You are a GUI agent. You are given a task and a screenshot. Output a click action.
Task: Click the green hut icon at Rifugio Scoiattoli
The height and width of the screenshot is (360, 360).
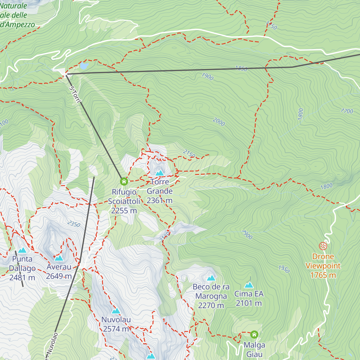coord(124,181)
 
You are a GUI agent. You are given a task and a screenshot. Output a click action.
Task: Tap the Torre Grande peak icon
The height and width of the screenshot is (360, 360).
coord(160,173)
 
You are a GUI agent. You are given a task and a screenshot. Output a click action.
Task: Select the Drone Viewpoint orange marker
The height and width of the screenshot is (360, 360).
coord(323,246)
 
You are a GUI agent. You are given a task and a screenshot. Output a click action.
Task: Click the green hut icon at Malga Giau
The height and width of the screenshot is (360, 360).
coord(254,334)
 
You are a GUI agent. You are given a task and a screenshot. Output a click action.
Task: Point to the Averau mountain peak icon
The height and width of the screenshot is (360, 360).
coord(59,258)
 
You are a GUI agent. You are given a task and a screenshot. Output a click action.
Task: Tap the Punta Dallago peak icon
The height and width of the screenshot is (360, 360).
coord(22,250)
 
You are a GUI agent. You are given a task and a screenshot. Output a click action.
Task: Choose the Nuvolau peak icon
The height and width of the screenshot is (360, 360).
coord(116,311)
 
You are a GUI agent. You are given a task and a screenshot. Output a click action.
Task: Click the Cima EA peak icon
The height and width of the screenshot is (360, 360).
coord(249,285)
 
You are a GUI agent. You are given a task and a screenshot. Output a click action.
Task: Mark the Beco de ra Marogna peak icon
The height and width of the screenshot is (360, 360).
coord(211,278)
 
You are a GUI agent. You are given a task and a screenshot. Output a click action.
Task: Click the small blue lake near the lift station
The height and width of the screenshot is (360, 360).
coord(84,65)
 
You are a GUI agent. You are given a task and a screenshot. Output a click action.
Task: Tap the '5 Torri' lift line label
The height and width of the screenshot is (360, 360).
coord(75,94)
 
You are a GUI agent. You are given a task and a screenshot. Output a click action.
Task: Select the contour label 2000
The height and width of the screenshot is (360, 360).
coord(219,122)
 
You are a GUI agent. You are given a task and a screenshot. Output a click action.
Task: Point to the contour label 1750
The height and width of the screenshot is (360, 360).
coord(271,25)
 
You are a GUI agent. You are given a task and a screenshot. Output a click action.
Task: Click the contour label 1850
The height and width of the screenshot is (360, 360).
coord(241,68)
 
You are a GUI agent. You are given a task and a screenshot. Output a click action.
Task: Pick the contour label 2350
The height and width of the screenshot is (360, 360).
coord(74,224)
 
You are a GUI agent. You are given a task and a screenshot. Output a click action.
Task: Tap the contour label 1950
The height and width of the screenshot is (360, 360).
coord(284,269)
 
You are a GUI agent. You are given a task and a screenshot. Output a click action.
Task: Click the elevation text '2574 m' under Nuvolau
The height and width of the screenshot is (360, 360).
coord(116,329)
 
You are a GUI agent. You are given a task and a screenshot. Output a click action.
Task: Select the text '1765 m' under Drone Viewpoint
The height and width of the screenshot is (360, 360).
coord(323,275)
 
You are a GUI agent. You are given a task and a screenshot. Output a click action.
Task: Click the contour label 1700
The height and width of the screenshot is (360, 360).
coord(347,111)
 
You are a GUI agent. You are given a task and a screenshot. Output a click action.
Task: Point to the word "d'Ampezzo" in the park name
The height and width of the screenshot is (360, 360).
coord(17,25)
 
